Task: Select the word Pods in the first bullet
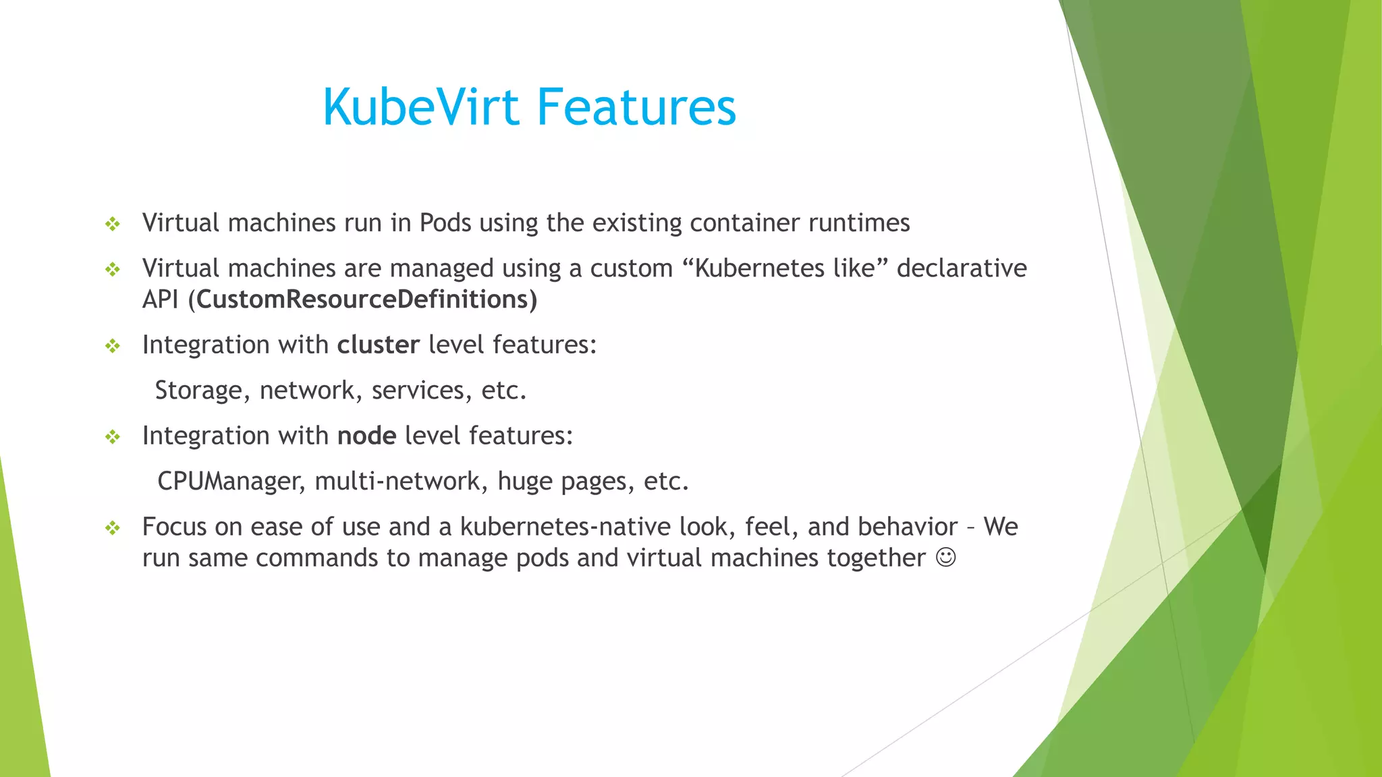tap(445, 223)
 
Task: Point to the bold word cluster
tap(379, 345)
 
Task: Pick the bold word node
tap(366, 436)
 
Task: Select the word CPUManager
tap(231, 482)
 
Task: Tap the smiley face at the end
tap(946, 558)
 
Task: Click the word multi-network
tap(397, 482)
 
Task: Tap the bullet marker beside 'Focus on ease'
tap(113, 527)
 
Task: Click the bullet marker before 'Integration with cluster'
tap(113, 346)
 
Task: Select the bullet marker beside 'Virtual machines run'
tap(113, 224)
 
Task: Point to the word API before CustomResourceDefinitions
tap(161, 299)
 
